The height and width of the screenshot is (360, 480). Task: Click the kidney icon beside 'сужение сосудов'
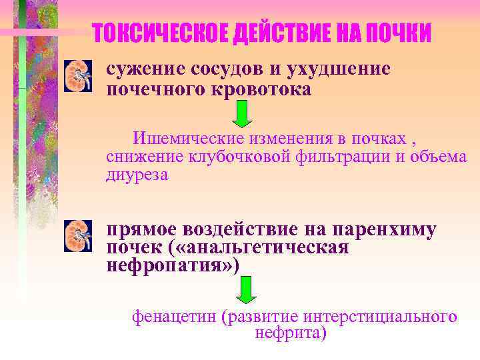click(77, 76)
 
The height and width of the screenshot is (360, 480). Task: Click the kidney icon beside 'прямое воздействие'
click(77, 237)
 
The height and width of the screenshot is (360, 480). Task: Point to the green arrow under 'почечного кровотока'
click(243, 114)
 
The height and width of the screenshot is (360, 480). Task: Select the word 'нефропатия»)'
click(172, 266)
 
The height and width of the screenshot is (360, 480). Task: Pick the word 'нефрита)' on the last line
click(291, 333)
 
